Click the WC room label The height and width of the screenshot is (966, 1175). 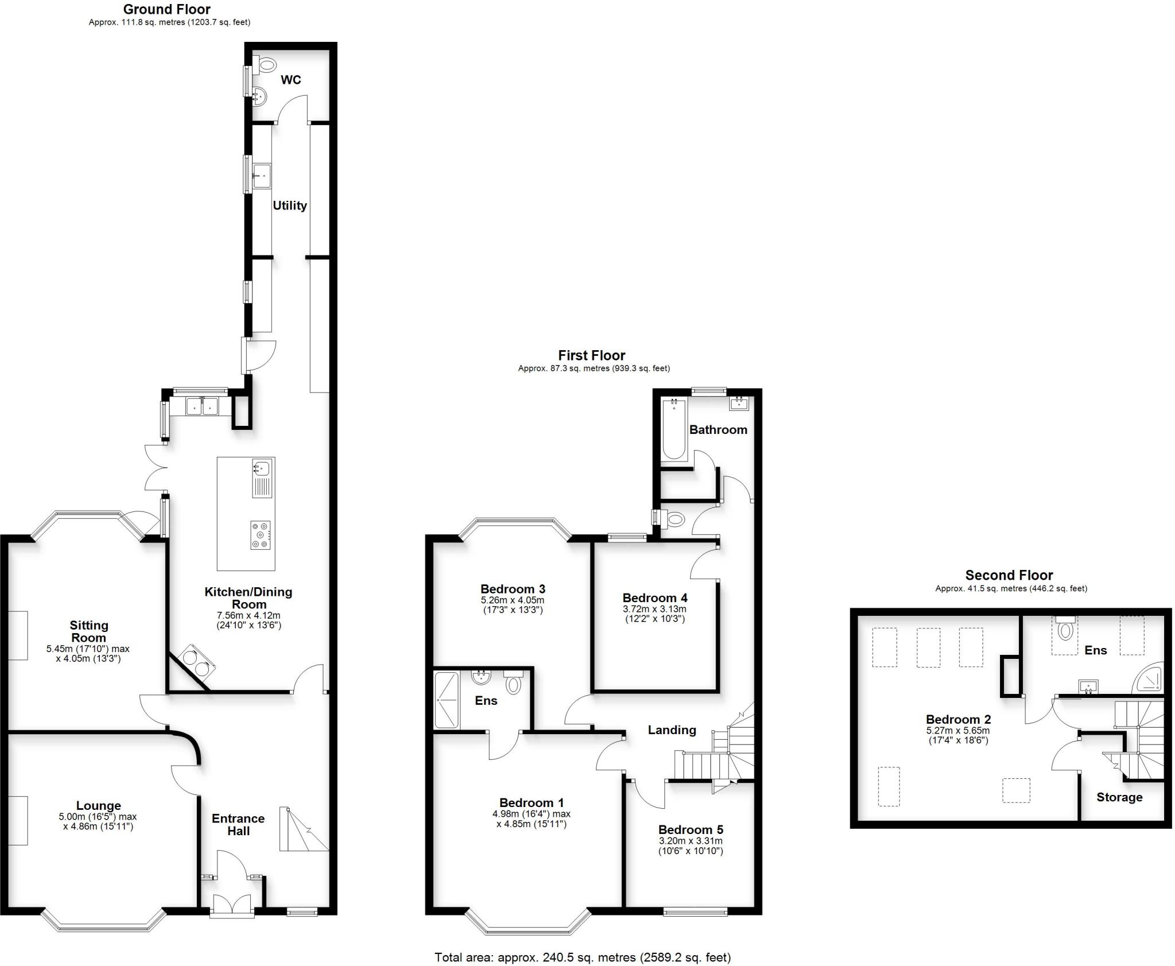[x=290, y=80]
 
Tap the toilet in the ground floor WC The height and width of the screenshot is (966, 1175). [x=266, y=65]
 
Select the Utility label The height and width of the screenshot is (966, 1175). [x=289, y=205]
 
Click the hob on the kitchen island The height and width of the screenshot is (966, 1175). [x=260, y=535]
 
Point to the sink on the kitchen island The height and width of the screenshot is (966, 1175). [x=262, y=469]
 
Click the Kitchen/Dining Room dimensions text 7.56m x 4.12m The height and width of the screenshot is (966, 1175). [x=248, y=615]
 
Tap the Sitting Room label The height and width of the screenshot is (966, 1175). [x=88, y=631]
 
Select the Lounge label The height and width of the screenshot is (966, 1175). [x=98, y=806]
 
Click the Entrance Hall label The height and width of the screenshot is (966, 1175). [x=238, y=825]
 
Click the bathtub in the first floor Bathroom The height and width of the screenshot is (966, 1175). [x=674, y=430]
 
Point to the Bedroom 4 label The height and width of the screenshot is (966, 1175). [x=655, y=598]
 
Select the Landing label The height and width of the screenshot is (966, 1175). [x=672, y=730]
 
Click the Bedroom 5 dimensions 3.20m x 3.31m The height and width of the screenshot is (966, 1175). [x=690, y=841]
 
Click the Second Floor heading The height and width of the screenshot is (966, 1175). [x=1009, y=575]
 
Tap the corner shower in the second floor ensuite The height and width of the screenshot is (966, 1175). [x=1149, y=681]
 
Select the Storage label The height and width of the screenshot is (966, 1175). [x=1119, y=797]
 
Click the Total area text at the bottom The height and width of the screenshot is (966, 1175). [x=582, y=957]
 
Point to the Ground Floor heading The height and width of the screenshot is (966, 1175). [x=166, y=9]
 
